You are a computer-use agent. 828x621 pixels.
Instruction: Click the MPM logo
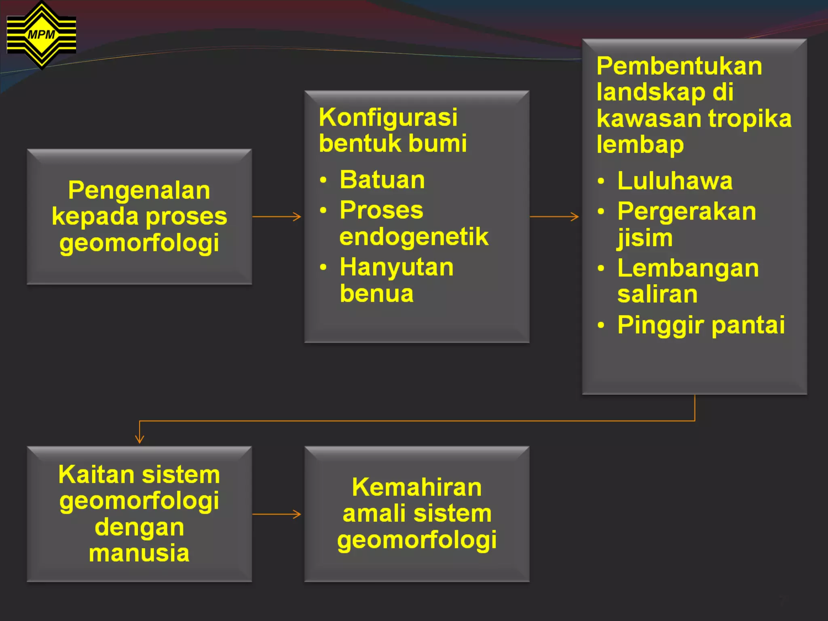coord(41,35)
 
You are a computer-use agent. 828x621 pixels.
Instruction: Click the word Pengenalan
coord(139,190)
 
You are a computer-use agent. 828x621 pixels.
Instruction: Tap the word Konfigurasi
coord(388,118)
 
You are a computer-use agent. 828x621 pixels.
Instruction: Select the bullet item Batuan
coord(382,180)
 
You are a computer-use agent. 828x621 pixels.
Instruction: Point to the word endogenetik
coord(414,237)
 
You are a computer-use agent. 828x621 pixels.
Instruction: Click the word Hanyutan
coord(397,268)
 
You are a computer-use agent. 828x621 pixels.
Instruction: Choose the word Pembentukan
coord(679,66)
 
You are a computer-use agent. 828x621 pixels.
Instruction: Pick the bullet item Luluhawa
coord(675,181)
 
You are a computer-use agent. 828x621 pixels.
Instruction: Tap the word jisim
coord(645,238)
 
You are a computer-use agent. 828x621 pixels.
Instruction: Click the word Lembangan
coord(688,268)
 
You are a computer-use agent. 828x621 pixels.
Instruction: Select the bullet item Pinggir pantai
coord(701,325)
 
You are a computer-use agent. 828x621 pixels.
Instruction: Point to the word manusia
coord(139,553)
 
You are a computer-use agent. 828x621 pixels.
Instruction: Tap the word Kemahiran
coord(417,487)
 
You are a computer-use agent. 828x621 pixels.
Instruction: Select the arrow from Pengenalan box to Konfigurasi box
coord(277,217)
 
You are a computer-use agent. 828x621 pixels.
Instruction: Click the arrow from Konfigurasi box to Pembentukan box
coord(554,217)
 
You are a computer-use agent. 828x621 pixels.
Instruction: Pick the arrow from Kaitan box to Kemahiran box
coord(277,514)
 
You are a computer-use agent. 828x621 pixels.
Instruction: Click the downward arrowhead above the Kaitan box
coord(139,439)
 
